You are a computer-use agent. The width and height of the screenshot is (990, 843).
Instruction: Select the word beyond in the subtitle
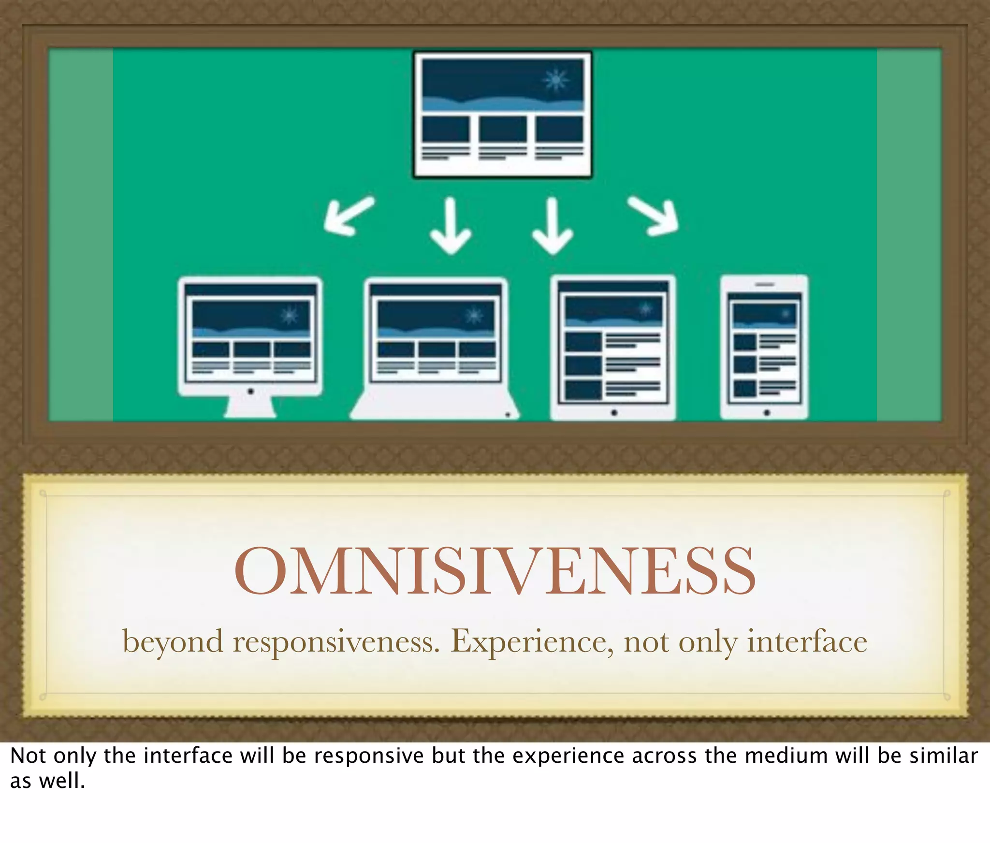pyautogui.click(x=173, y=642)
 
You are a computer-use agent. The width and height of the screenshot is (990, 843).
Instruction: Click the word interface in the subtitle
pyautogui.click(x=807, y=642)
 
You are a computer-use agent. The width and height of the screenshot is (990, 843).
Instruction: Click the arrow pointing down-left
pyautogui.click(x=348, y=216)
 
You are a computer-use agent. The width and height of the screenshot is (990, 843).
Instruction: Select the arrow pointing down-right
pyautogui.click(x=655, y=216)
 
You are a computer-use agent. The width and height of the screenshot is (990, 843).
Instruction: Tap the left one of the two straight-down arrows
pyautogui.click(x=451, y=225)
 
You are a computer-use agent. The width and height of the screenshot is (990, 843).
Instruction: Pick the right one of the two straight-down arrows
pyautogui.click(x=553, y=225)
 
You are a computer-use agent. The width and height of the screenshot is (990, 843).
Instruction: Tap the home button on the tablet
pyautogui.click(x=613, y=413)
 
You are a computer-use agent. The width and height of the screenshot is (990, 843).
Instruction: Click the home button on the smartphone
pyautogui.click(x=767, y=413)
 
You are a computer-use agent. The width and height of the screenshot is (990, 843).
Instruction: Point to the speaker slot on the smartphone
pyautogui.click(x=765, y=285)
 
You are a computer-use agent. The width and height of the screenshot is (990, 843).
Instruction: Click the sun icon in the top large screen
pyautogui.click(x=556, y=80)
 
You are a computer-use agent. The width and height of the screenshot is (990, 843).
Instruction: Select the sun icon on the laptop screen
pyautogui.click(x=474, y=316)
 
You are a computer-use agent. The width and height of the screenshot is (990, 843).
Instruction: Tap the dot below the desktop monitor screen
pyautogui.click(x=250, y=391)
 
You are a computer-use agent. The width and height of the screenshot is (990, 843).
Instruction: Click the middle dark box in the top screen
pyautogui.click(x=503, y=129)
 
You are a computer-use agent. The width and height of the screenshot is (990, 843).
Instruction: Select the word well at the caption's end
pyautogui.click(x=62, y=781)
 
